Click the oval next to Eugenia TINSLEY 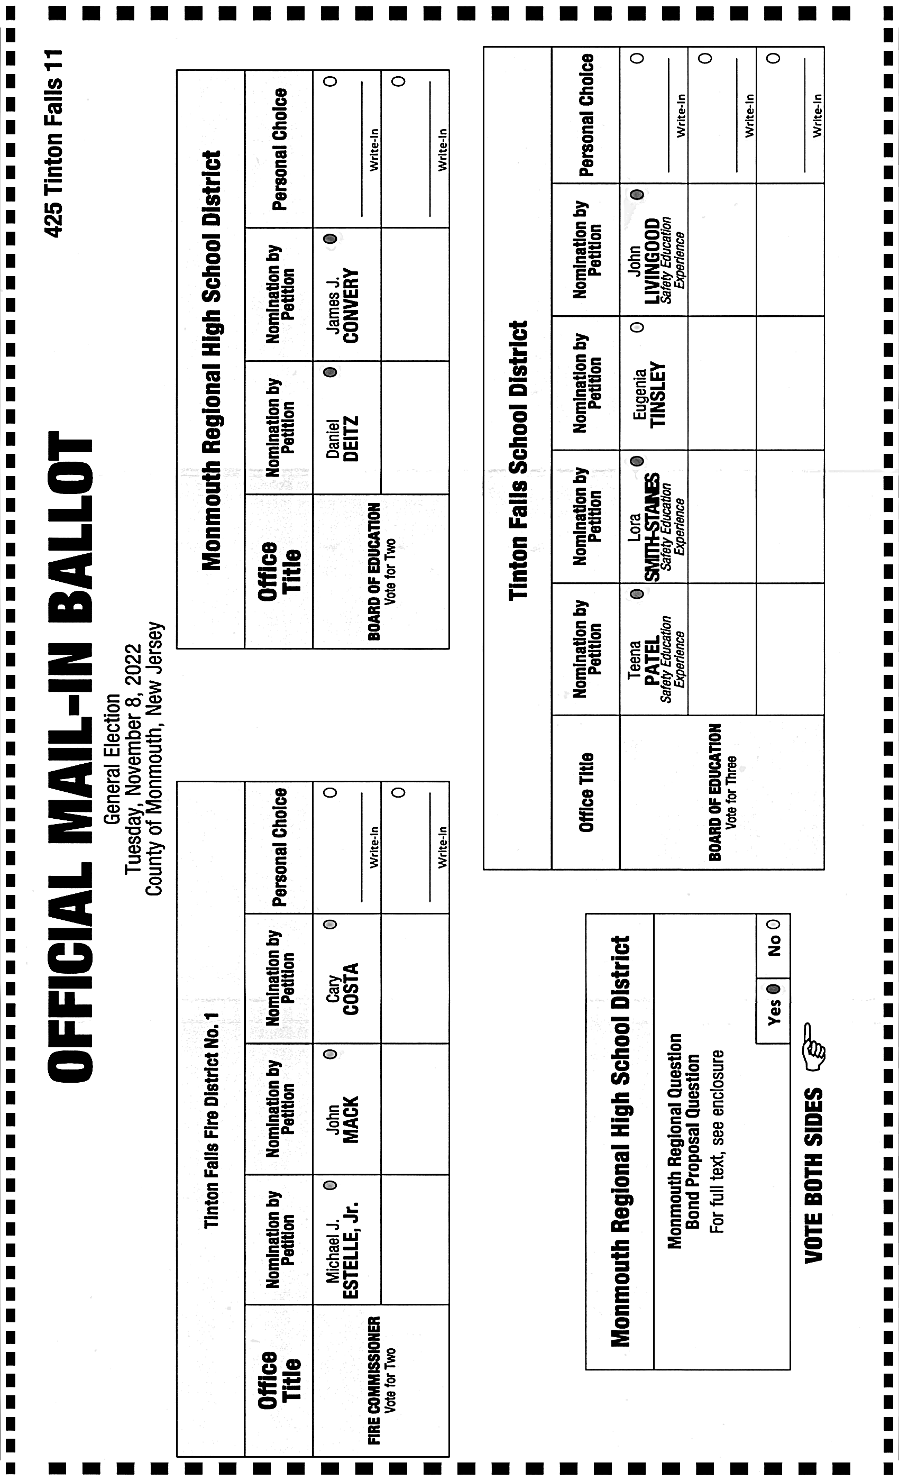tap(638, 327)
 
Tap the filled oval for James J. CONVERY tap(330, 239)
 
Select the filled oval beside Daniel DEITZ tap(330, 372)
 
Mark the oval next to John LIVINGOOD tap(638, 194)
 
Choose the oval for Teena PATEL tap(638, 594)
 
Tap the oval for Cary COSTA tap(330, 925)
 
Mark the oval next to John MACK tap(330, 1054)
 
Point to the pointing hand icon tap(814, 1048)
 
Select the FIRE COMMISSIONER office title tap(374, 1380)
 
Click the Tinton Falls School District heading tap(518, 460)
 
